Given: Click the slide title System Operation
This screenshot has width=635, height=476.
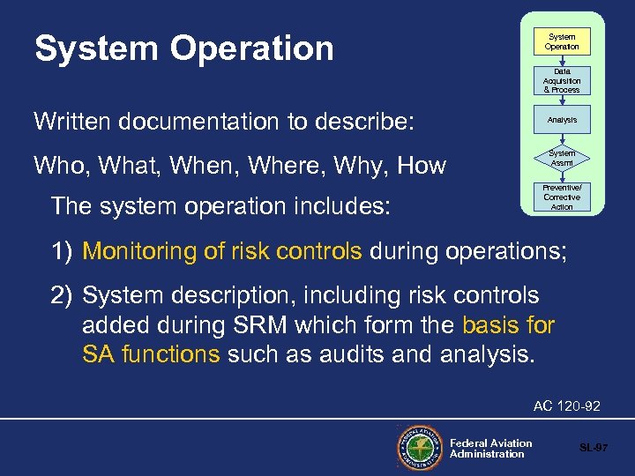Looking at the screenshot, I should (183, 48).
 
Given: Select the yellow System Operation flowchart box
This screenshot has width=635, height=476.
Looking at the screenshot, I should (562, 41).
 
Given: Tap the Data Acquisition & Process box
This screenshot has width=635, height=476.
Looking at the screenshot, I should (562, 81).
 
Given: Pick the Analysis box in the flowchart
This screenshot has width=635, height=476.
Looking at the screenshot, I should (562, 120).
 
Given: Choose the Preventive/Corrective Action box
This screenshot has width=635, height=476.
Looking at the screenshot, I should (562, 197).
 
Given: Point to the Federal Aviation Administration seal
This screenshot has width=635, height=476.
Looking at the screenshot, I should (419, 445).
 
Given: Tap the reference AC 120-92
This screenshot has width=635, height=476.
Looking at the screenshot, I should (566, 406).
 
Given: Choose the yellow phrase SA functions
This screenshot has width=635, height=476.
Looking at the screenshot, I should (151, 355).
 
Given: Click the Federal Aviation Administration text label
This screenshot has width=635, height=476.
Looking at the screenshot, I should (490, 448).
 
